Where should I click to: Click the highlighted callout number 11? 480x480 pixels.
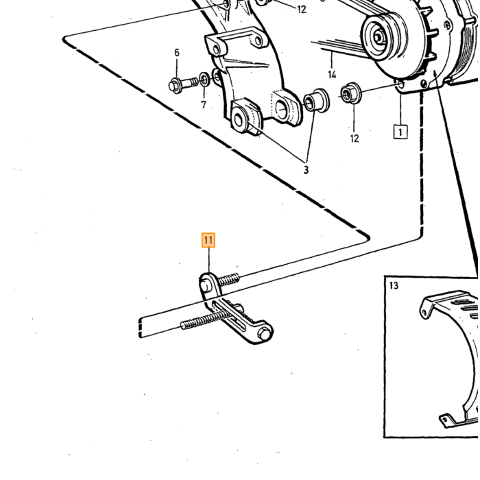[x=208, y=240]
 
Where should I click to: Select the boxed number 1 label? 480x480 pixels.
[x=400, y=132]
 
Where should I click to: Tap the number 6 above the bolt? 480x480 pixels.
[x=177, y=53]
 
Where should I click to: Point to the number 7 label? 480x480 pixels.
[x=203, y=105]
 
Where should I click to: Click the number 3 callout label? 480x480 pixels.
[x=306, y=170]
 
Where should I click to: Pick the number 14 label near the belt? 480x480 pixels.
[x=332, y=74]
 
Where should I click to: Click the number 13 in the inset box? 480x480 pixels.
[x=394, y=286]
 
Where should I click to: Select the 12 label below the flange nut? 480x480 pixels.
[x=355, y=139]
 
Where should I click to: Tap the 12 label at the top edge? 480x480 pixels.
[x=302, y=10]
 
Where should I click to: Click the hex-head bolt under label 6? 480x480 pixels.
[x=183, y=84]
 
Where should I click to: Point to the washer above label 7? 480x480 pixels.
[x=204, y=80]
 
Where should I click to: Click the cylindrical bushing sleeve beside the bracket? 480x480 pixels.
[x=316, y=100]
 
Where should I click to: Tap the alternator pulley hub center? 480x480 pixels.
[x=378, y=37]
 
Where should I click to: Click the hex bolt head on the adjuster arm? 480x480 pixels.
[x=265, y=334]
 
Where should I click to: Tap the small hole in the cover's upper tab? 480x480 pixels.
[x=424, y=313]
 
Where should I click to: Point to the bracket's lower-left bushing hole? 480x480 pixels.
[x=239, y=119]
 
